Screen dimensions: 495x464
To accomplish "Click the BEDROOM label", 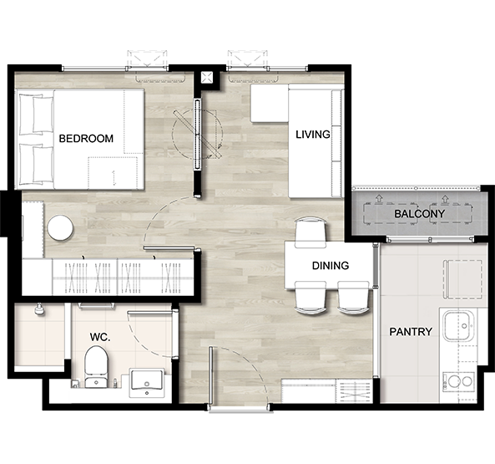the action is point(86,139).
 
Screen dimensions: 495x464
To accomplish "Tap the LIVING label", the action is point(313,135).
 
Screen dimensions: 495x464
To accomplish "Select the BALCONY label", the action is point(419,214).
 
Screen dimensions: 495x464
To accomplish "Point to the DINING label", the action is point(331,266).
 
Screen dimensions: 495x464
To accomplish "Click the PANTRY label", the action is point(411,332).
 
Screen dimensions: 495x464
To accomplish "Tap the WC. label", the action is point(100,337).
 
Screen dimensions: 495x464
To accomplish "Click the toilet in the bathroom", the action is point(96,367).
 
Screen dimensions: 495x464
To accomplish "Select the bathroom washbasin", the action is point(147,383).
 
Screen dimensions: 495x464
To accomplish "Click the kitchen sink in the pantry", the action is point(458,325).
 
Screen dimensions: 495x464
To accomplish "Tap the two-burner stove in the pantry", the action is point(458,381).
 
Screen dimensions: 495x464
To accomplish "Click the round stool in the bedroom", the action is point(60,228).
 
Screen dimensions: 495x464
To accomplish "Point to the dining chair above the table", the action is point(311,232).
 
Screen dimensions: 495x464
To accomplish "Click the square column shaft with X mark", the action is point(207,77).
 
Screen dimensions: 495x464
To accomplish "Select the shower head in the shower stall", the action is point(39,310).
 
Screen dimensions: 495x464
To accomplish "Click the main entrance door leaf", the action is point(210,375).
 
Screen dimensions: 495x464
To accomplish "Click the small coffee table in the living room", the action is point(270,104).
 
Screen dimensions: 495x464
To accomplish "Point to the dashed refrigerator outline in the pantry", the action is point(462,279).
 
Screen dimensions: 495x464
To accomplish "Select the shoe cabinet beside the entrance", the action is point(326,391).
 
